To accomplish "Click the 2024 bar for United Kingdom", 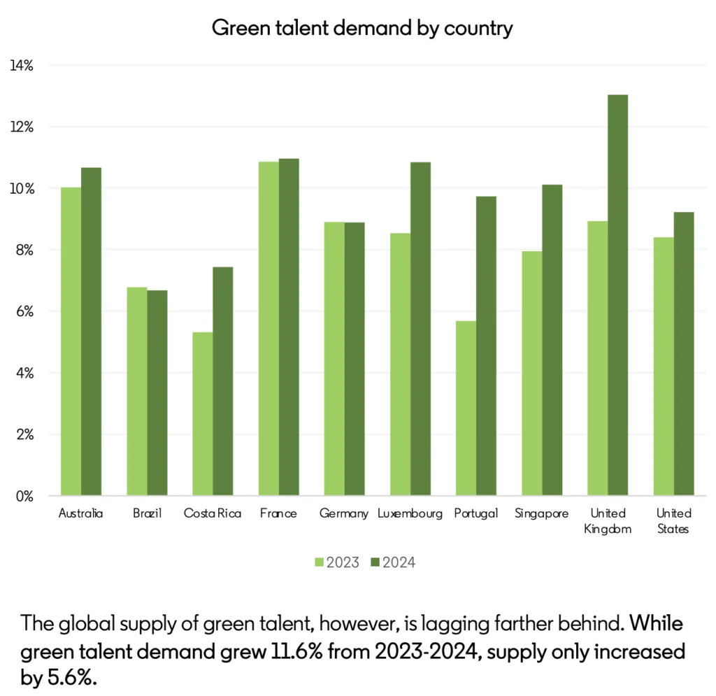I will [x=617, y=295].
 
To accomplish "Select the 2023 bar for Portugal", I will [x=466, y=409].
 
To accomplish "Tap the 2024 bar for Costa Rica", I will [x=223, y=381].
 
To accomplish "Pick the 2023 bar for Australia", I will [x=71, y=341].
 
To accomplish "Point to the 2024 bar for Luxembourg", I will [x=421, y=329].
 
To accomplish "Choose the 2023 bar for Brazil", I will [x=137, y=392].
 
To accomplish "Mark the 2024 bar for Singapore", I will [x=552, y=340].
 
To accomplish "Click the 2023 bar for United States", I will [x=664, y=367].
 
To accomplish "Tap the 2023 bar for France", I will [x=268, y=329].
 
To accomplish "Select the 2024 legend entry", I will [x=395, y=562].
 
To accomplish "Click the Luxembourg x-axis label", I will [x=410, y=513].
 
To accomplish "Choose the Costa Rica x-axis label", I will [x=213, y=513].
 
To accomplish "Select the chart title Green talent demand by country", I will [x=361, y=29].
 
